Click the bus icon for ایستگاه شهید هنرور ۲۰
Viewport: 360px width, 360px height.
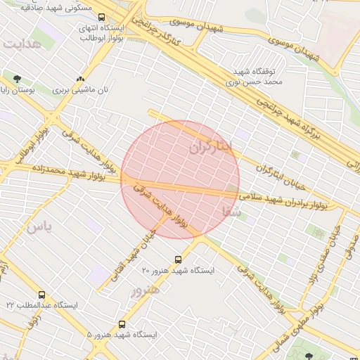(x=177, y=259)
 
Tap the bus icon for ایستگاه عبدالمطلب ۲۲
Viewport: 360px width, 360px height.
(x=42, y=295)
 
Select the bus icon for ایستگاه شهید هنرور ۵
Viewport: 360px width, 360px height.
(x=122, y=325)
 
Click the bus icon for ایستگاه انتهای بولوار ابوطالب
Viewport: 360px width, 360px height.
(x=102, y=18)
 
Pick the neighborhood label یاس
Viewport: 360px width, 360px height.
(x=39, y=227)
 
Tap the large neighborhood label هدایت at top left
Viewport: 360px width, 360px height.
(x=22, y=44)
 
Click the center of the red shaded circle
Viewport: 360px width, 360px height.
(x=180, y=179)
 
